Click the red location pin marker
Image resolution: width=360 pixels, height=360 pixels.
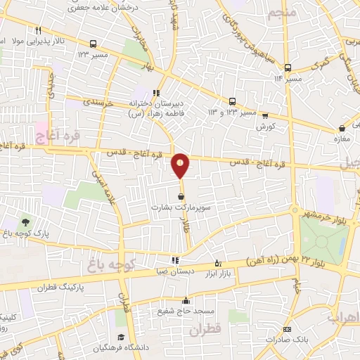click(181, 165)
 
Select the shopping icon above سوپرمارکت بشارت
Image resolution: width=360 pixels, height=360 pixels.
click(182, 197)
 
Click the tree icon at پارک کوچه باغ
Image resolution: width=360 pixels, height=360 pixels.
click(25, 224)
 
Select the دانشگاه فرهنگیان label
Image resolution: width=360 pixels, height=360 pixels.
click(115, 349)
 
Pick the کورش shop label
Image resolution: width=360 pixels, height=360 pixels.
click(265, 126)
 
